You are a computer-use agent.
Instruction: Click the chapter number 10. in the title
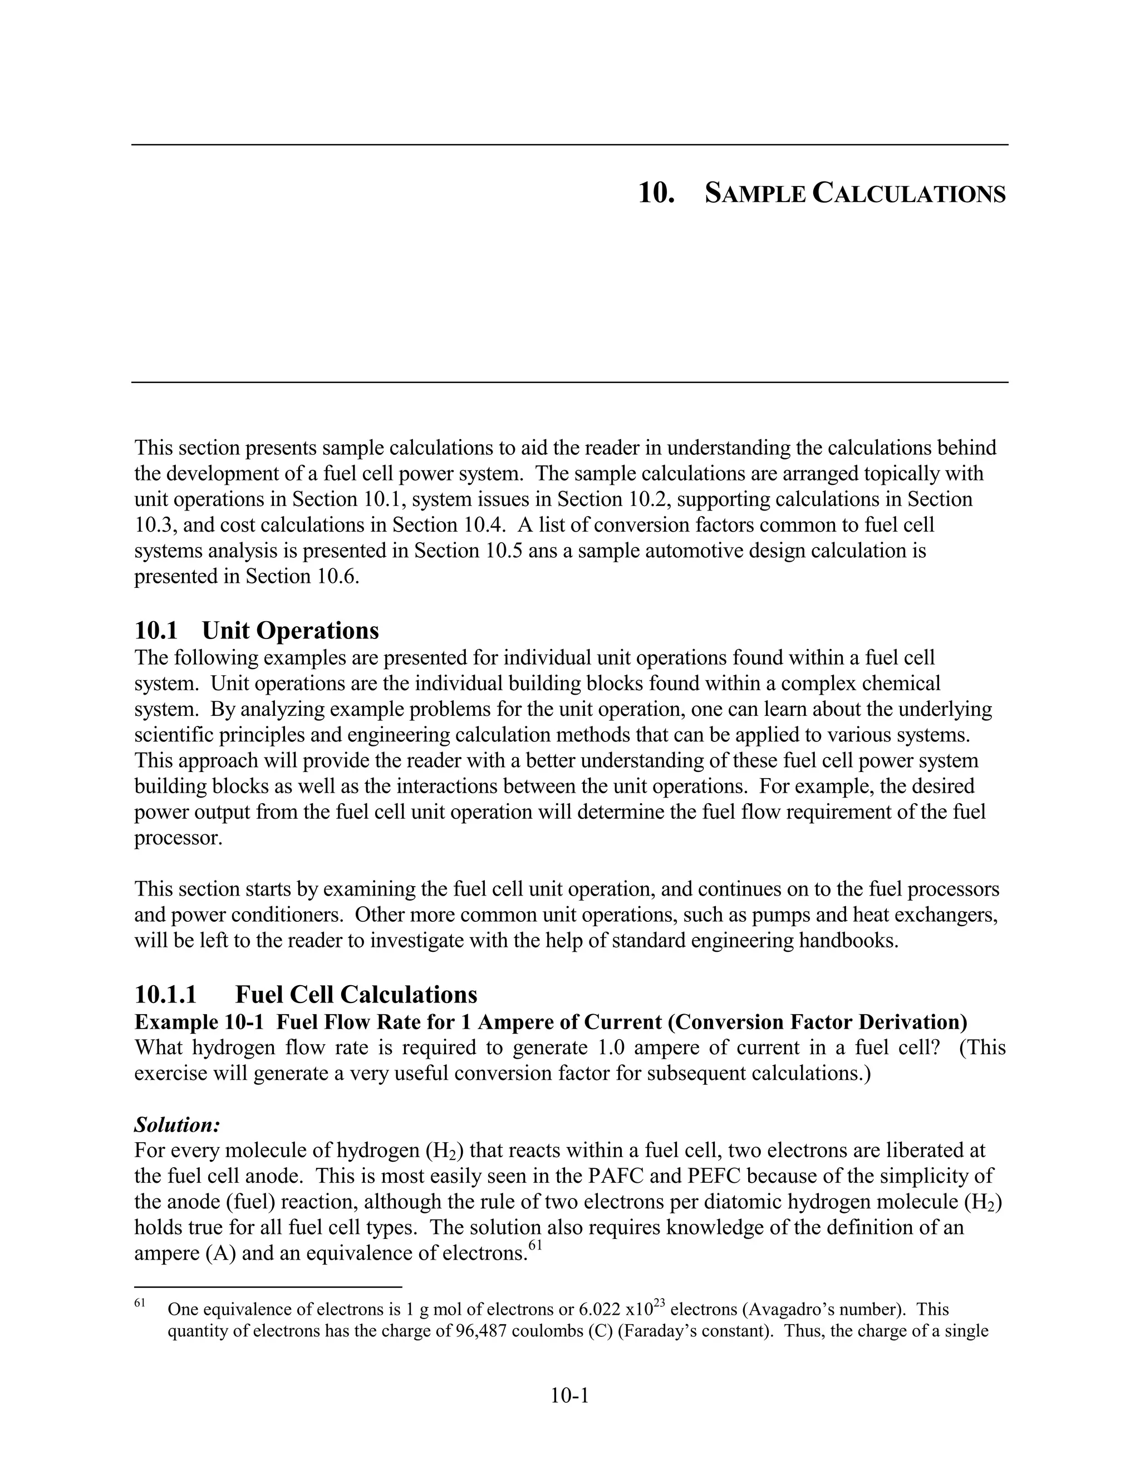pyautogui.click(x=656, y=194)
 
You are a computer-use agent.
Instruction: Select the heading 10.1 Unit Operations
pyautogui.click(x=256, y=630)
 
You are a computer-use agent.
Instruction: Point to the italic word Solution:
pyautogui.click(x=178, y=1124)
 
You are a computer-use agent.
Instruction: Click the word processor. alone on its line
pyautogui.click(x=178, y=838)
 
